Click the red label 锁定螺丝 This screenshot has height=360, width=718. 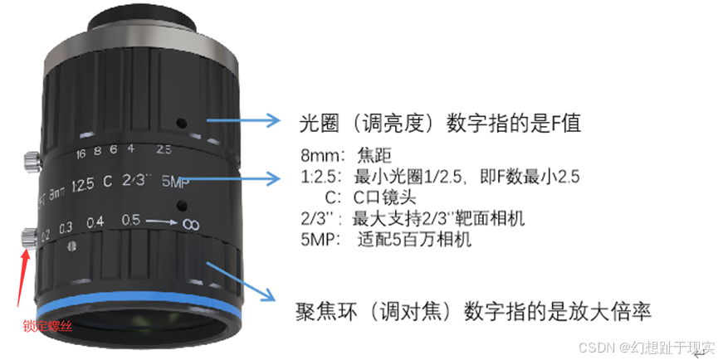[47, 326]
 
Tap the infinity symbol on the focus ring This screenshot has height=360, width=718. [190, 225]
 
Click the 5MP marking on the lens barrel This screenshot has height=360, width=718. [175, 182]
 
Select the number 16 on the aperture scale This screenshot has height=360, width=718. [81, 153]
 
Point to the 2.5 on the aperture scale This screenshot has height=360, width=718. [164, 149]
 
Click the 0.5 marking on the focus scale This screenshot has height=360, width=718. [130, 220]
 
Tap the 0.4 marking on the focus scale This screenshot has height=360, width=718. [95, 223]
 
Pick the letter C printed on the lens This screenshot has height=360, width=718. [107, 182]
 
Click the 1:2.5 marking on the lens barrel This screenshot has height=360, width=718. [83, 185]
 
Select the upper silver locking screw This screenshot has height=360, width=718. [32, 161]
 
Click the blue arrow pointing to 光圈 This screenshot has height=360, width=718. [243, 120]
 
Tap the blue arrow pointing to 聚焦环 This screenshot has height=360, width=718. [241, 281]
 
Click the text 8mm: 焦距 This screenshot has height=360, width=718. [346, 155]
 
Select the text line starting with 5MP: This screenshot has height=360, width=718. [385, 239]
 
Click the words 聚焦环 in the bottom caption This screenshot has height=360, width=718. [326, 313]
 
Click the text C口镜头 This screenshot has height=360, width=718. [384, 197]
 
